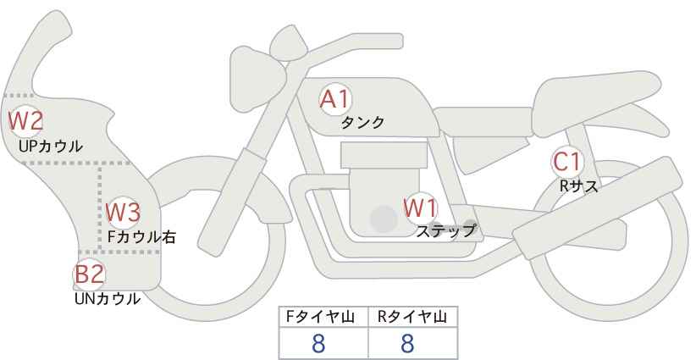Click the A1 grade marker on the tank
pos(334,99)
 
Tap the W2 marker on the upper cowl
pos(25,120)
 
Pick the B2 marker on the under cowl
pos(89,274)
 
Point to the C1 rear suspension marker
pos(566,161)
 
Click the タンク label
pos(362,123)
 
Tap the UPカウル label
pos(50,146)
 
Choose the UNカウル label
pos(108,298)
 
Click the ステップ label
pos(446,230)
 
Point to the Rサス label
pos(578,186)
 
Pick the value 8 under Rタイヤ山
pos(407,343)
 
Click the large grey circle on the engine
pos(384,219)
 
